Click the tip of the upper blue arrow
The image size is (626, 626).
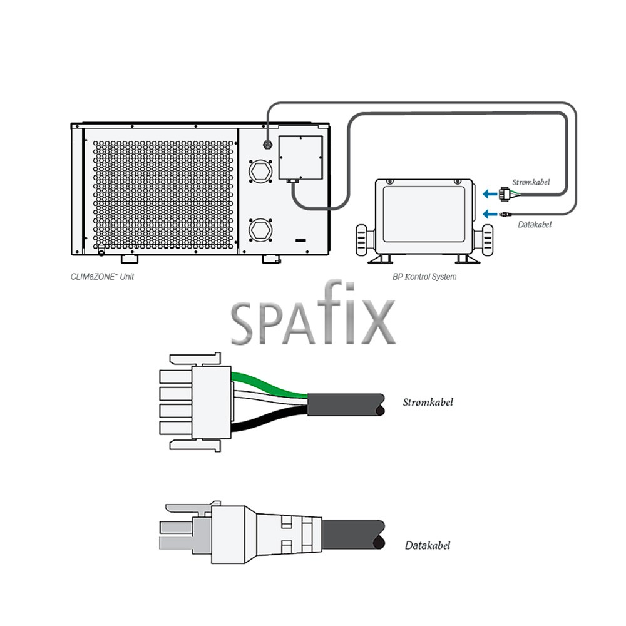[482, 195]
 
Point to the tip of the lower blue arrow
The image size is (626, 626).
[482, 214]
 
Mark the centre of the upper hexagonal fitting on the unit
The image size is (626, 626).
[260, 172]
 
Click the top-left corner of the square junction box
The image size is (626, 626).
[279, 136]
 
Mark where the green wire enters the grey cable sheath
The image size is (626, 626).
[308, 395]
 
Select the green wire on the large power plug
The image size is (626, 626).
[269, 383]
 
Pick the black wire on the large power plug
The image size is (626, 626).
[269, 420]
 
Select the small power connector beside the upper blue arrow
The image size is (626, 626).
[505, 195]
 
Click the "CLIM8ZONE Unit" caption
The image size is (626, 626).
[102, 277]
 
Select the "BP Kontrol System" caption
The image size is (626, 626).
[424, 277]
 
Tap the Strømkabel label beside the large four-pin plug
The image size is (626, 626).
[428, 402]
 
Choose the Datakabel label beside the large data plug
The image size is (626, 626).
[428, 545]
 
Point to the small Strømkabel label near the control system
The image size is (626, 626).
[531, 182]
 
